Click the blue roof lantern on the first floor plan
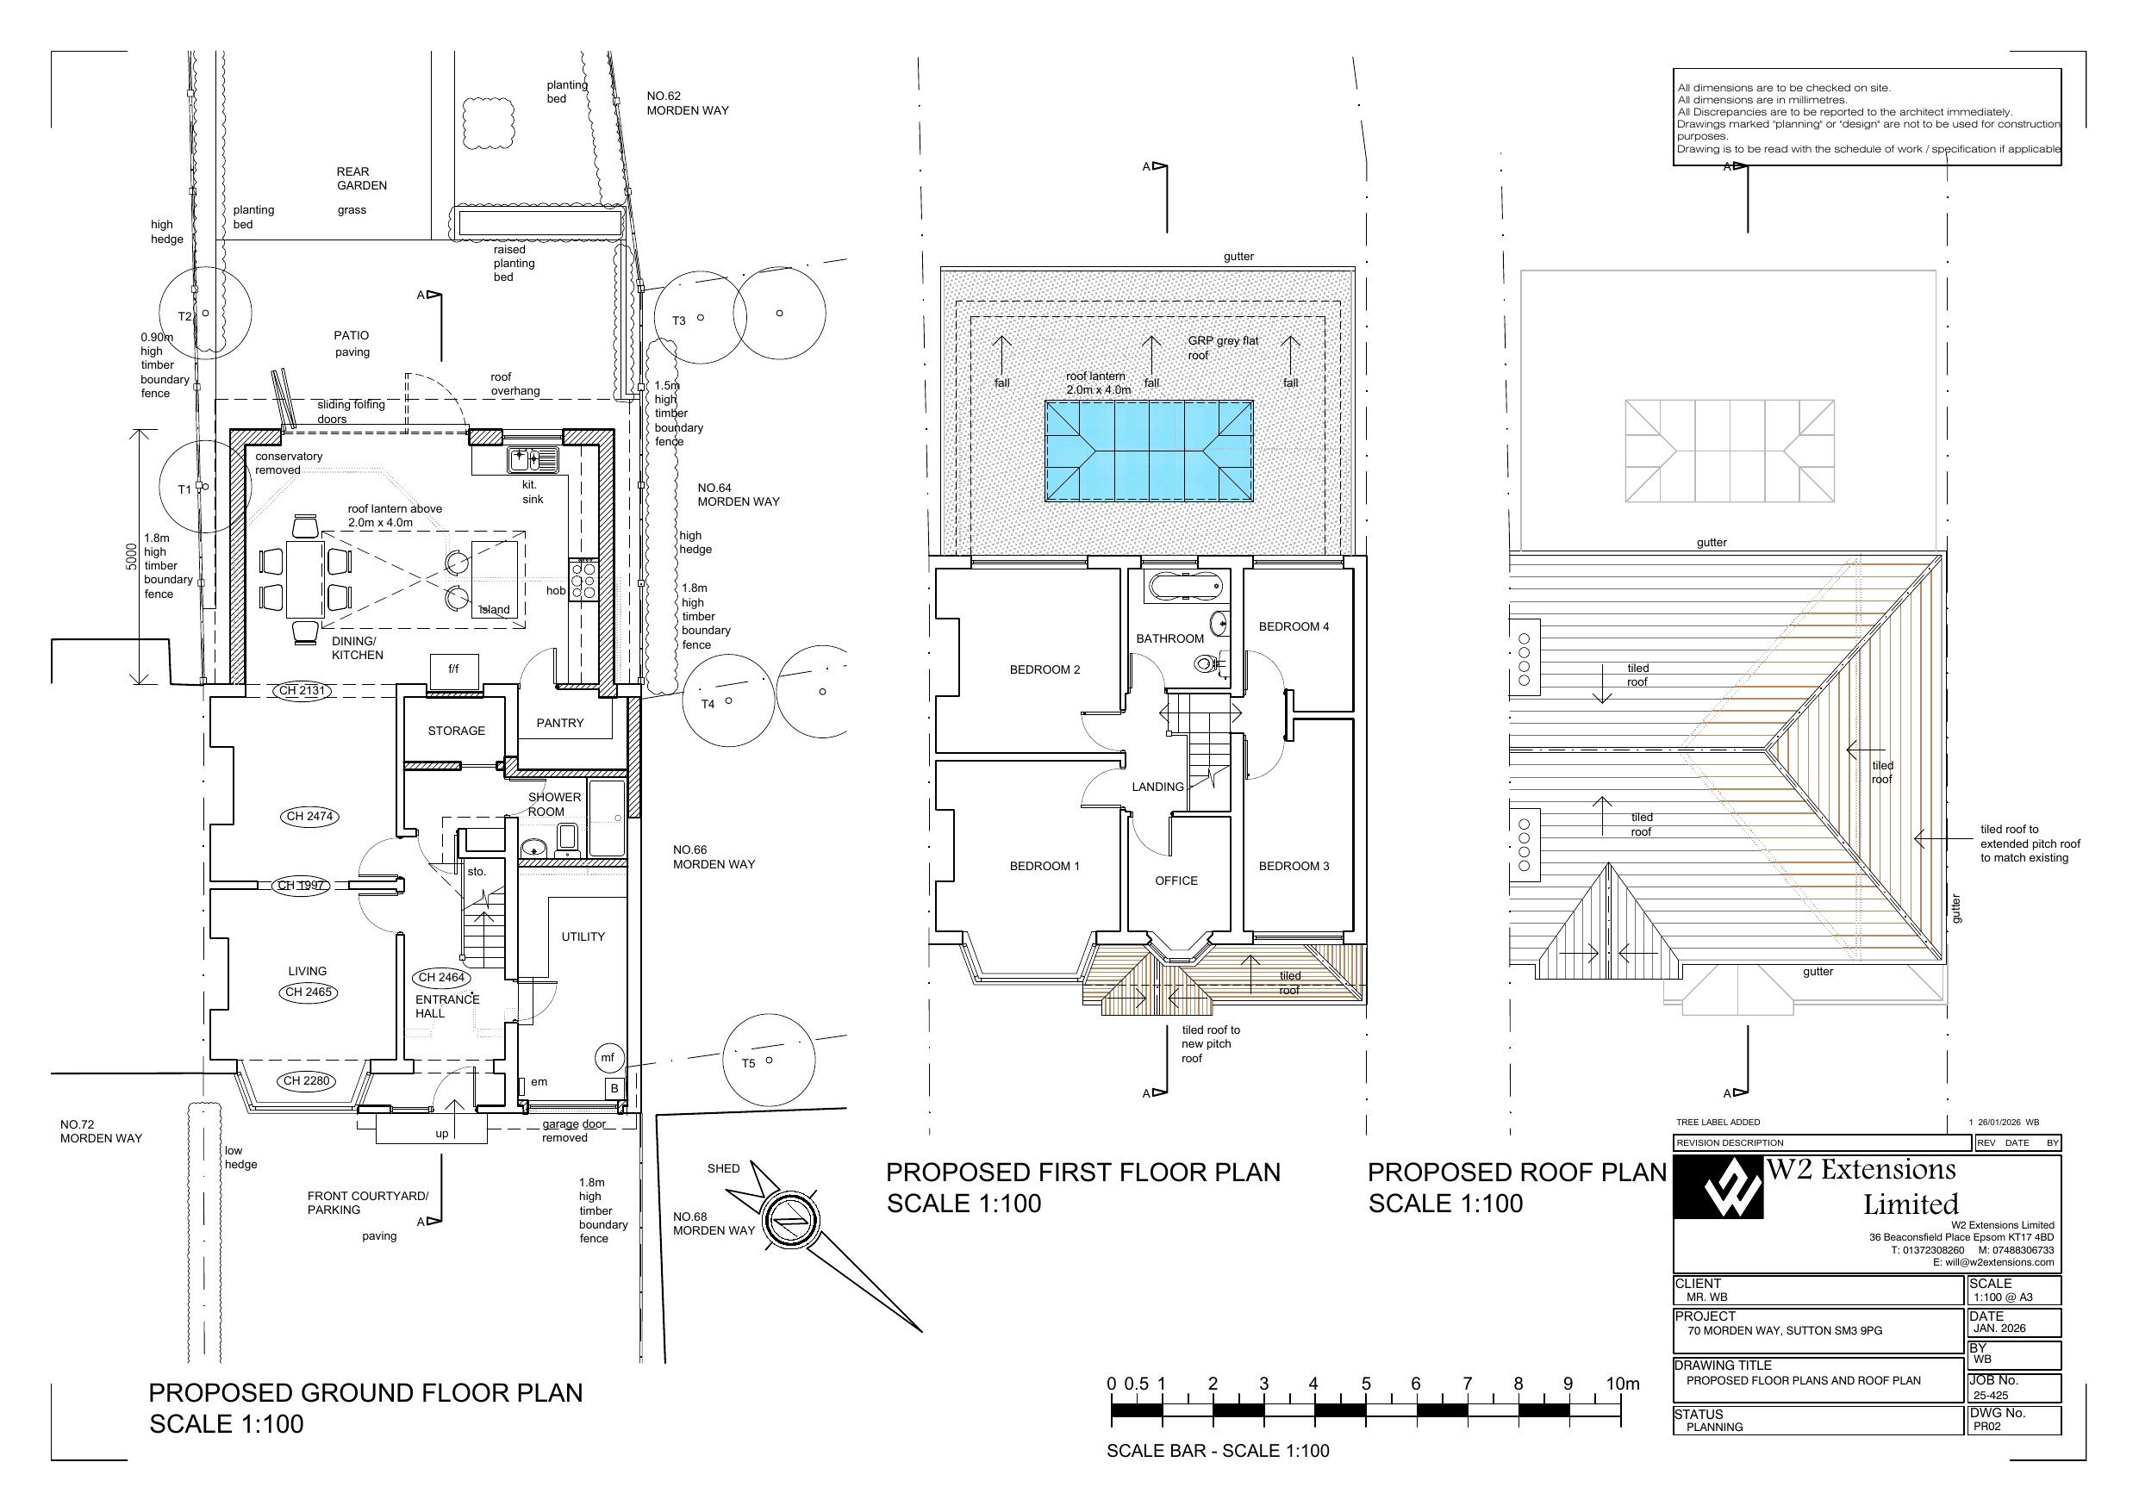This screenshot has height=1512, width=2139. (x=1149, y=451)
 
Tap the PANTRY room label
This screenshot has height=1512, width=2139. (x=560, y=723)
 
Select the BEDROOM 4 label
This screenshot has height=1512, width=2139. (x=1294, y=627)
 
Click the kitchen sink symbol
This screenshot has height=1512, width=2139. (x=533, y=459)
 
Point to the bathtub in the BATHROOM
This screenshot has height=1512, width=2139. (x=1185, y=588)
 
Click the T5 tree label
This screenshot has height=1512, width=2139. (x=748, y=1064)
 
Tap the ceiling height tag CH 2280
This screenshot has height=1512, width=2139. (x=306, y=1081)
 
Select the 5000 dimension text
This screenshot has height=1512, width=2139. (x=133, y=557)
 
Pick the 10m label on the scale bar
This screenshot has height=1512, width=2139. (x=1623, y=1384)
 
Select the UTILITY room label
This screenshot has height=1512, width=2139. (x=583, y=937)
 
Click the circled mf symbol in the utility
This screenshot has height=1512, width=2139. (x=608, y=1058)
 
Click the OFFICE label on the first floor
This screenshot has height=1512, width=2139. (x=1176, y=881)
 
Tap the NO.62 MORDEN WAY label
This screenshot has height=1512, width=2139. (x=688, y=103)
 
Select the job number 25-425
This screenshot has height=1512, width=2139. (x=1991, y=1396)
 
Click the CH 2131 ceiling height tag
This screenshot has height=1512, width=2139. (x=301, y=691)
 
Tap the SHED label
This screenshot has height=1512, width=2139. (x=723, y=1169)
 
